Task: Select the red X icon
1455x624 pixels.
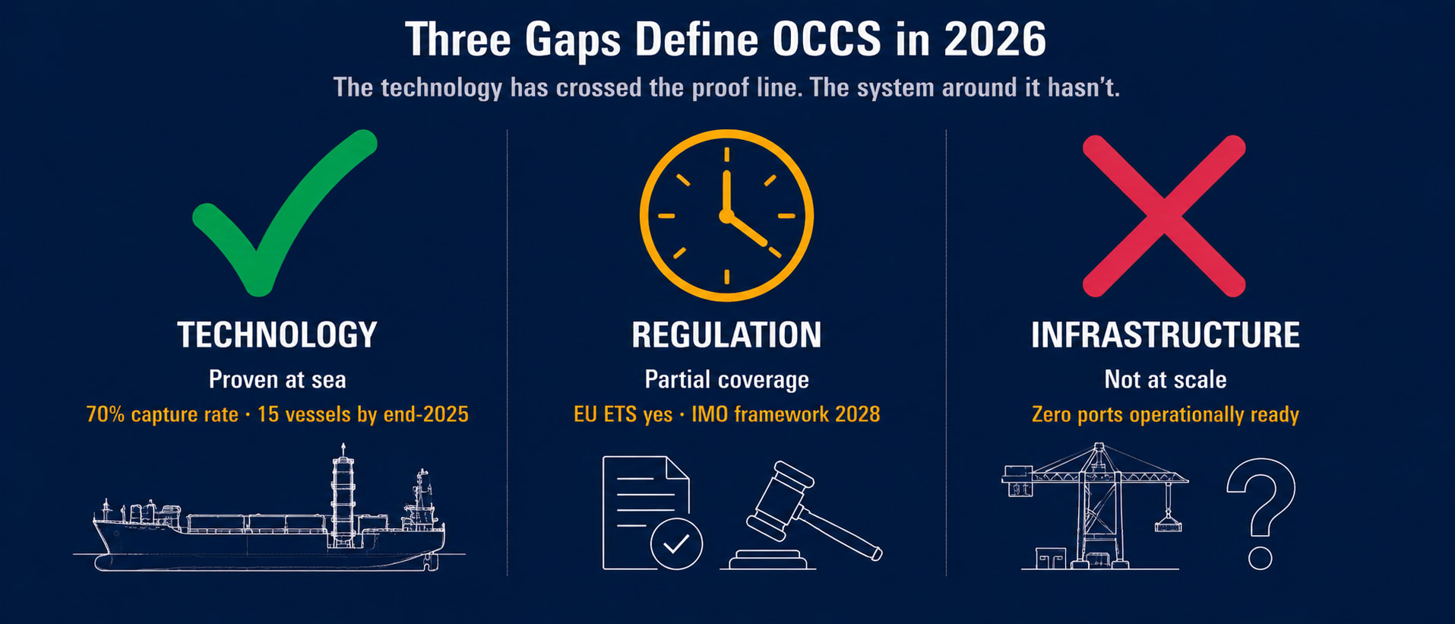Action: [1164, 216]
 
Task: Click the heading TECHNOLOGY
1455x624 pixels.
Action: [277, 335]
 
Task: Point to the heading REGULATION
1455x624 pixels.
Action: [726, 335]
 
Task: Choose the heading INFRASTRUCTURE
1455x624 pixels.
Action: [1165, 335]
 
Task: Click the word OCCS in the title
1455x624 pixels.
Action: [827, 40]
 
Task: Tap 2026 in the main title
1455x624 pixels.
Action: [995, 40]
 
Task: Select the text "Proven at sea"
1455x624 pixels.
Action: [277, 379]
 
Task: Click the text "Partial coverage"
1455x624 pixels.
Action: [726, 379]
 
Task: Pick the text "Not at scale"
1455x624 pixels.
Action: [1165, 379]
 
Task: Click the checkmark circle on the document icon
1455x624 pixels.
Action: [676, 543]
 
